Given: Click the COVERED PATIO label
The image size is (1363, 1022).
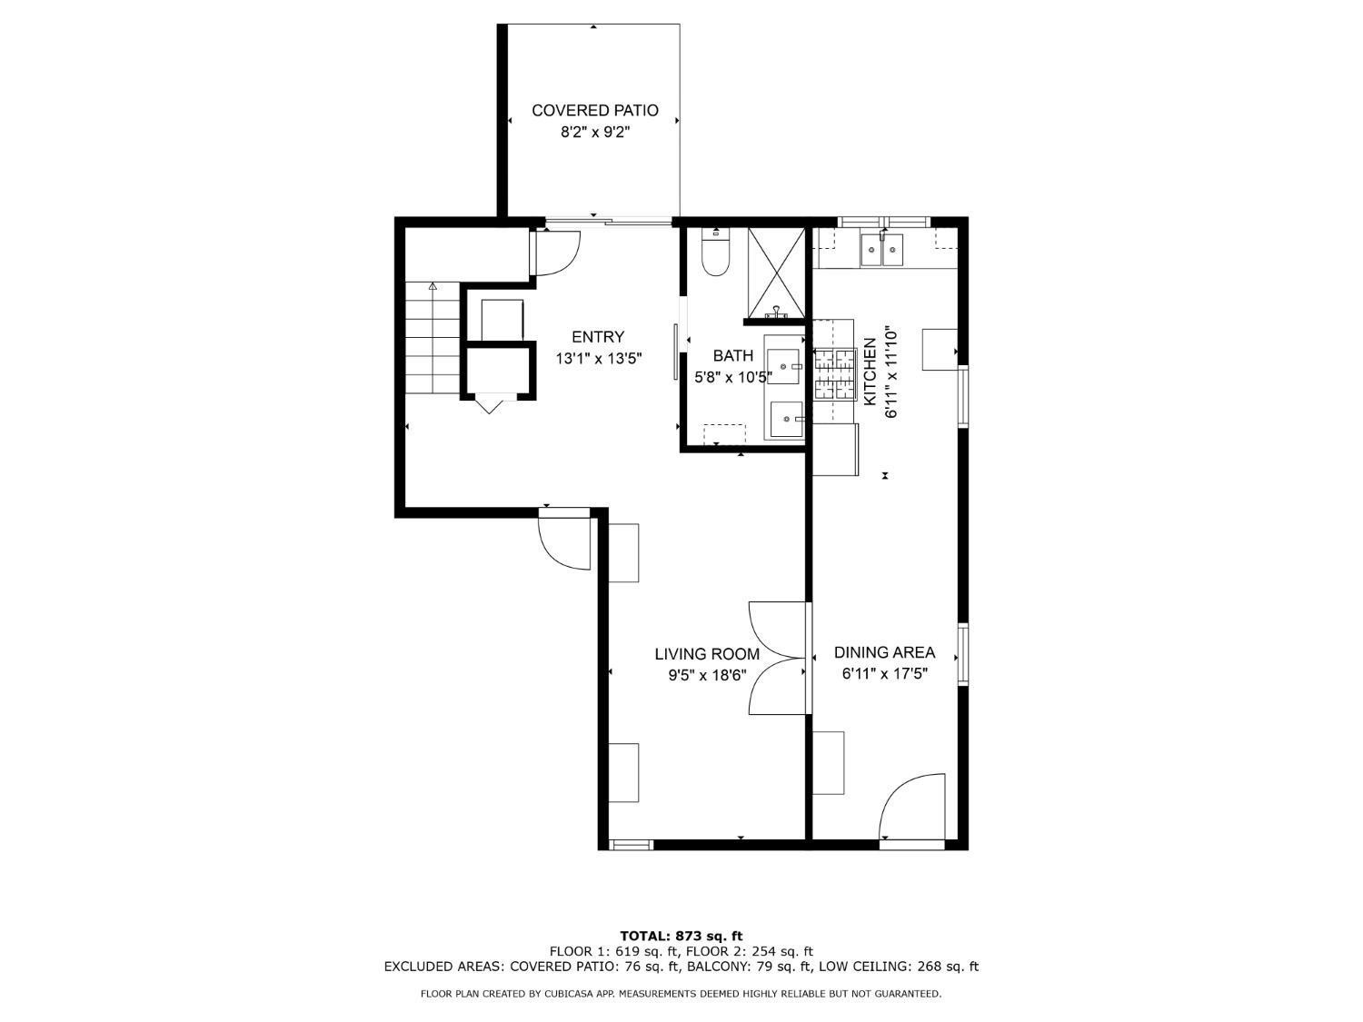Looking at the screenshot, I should [x=594, y=111].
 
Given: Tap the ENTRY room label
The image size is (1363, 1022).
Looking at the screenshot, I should [x=597, y=337].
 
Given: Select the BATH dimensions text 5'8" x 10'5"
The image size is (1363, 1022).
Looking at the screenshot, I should [x=732, y=376].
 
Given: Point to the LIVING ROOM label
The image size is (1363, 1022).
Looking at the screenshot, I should [x=707, y=654].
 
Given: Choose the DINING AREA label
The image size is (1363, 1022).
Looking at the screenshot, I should [x=884, y=652].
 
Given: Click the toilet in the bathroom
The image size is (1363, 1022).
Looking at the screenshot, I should [x=716, y=255].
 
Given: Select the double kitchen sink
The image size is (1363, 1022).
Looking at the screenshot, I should [x=881, y=249].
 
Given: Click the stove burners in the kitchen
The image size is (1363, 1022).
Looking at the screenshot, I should [x=835, y=374].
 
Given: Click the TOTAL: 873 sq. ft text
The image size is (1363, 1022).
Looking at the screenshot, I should [x=681, y=936].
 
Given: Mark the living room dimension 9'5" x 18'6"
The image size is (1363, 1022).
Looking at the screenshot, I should [x=707, y=675].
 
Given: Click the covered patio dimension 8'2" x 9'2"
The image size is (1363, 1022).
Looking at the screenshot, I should [x=594, y=133].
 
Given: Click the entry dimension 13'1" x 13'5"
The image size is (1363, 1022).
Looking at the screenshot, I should [x=598, y=359].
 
